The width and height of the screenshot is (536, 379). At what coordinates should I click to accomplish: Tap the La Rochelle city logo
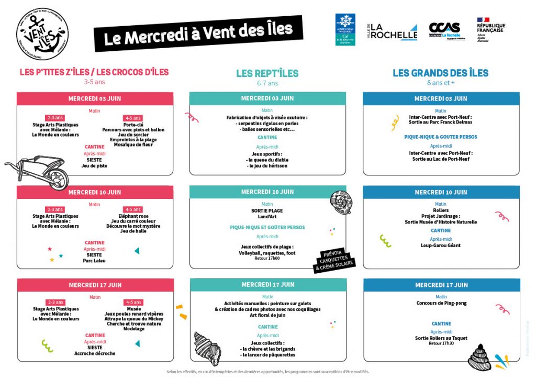(393, 31)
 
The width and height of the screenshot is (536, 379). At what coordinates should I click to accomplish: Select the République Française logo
(490, 29)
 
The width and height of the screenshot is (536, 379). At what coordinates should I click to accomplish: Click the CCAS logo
(444, 31)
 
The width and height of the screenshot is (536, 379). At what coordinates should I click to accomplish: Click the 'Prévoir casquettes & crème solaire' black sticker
(334, 260)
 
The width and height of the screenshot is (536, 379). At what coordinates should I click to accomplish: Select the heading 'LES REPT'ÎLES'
(267, 73)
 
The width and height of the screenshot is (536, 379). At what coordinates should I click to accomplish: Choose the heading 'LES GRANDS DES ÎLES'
(440, 73)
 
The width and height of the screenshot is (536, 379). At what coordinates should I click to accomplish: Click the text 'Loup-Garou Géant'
(441, 245)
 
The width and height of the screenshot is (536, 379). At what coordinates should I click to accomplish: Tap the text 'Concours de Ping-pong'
(441, 303)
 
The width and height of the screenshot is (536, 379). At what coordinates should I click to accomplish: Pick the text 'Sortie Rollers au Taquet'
(441, 338)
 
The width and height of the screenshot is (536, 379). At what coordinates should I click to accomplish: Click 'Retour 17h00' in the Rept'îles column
(267, 258)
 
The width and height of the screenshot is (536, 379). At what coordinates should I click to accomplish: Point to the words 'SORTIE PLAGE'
(267, 210)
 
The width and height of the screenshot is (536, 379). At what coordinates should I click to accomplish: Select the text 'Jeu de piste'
(94, 165)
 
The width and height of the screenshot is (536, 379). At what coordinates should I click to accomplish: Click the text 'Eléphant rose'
(133, 216)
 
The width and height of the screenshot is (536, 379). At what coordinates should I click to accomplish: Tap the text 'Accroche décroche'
(95, 353)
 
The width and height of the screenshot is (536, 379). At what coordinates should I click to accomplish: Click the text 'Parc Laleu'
(95, 260)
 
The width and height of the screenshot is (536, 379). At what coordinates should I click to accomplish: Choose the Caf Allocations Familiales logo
(345, 29)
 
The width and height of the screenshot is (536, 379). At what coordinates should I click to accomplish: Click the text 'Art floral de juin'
(267, 315)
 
